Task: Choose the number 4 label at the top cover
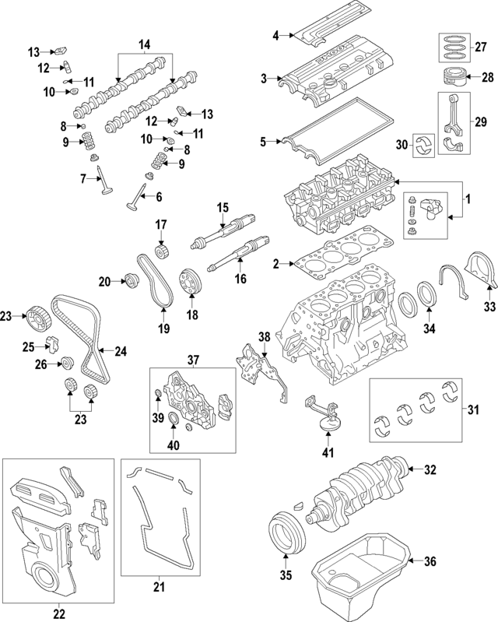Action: click(x=275, y=34)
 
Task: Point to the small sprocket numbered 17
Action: click(x=163, y=252)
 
